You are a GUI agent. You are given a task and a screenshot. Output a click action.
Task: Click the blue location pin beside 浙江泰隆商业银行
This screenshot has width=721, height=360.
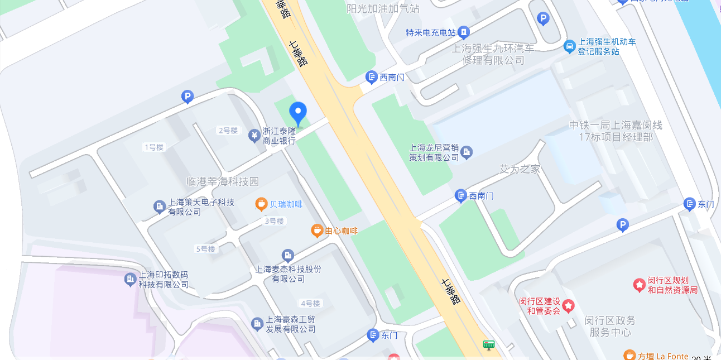click(x=297, y=113)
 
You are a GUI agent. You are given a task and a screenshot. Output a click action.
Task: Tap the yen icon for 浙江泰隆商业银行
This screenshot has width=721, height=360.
click(x=254, y=135)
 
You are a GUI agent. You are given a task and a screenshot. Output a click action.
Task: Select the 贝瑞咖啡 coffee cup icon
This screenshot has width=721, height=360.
click(x=261, y=204)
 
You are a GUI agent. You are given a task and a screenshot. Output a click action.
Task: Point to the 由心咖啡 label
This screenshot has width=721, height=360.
click(x=341, y=231)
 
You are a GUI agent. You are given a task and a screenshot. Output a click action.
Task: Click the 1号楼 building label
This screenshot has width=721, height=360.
click(x=153, y=147)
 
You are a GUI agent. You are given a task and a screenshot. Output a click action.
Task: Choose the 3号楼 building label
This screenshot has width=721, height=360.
click(x=274, y=221)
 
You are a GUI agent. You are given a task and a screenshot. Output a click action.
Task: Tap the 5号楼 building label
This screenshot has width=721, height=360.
click(x=205, y=249)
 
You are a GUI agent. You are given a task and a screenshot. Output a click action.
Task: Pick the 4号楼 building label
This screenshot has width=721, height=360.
click(x=310, y=304)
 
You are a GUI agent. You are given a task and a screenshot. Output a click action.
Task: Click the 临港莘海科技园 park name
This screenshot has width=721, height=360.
click(x=223, y=181)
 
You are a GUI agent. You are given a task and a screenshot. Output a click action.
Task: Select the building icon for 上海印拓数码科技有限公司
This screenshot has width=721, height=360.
click(x=130, y=279)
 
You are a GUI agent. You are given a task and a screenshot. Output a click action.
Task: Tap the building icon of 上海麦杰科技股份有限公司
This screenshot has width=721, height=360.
click(x=288, y=256)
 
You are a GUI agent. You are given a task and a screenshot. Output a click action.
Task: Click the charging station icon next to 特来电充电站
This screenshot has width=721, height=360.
click(x=464, y=32)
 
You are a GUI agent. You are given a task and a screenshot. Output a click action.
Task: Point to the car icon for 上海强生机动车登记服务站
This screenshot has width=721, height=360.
click(x=569, y=46)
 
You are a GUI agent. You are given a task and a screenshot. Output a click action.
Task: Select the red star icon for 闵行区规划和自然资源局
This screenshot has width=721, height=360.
click(x=639, y=285)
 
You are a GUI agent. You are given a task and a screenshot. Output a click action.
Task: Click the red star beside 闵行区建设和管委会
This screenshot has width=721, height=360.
click(x=568, y=305)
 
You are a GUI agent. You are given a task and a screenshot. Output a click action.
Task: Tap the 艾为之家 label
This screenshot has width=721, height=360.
click(x=520, y=169)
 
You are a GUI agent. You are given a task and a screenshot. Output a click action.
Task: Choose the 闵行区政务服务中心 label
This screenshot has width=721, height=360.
click(x=610, y=326)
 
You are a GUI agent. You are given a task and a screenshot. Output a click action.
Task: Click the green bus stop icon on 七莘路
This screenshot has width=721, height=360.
click(x=489, y=345)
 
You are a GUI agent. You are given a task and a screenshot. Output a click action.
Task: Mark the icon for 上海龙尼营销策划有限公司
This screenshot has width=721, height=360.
click(x=467, y=152)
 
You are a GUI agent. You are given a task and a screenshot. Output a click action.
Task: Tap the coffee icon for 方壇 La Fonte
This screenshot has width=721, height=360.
click(x=629, y=355)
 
